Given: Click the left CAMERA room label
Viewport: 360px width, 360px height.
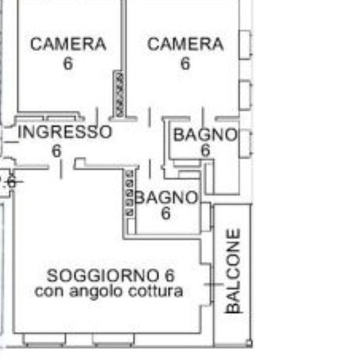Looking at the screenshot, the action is (69, 44).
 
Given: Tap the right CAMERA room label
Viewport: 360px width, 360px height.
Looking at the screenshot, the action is (185, 44).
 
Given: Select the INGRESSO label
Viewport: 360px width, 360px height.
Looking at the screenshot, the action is (65, 132).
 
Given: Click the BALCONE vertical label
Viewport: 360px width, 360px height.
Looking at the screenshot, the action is (234, 271).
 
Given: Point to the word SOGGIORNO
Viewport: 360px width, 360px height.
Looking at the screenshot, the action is (103, 276).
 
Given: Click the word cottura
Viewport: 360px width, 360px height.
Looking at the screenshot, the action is (155, 291).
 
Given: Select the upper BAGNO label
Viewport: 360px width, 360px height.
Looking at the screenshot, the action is (206, 135).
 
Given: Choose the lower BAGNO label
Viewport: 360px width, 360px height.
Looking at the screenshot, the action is (166, 198).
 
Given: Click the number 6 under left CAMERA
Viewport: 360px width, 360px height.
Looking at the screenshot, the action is (68, 63).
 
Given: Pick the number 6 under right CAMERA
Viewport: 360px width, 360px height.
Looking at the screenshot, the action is (185, 63).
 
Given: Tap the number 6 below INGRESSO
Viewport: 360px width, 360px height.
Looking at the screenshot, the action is (57, 151).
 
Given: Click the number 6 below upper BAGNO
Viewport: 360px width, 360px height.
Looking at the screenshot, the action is (206, 150).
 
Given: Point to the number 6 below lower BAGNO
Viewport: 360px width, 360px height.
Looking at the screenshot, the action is (166, 213).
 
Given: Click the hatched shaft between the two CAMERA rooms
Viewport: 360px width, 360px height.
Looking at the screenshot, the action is (119, 94).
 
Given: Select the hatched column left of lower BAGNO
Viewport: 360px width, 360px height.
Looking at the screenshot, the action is (130, 193).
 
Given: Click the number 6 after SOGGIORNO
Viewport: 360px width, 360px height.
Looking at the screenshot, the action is (170, 276).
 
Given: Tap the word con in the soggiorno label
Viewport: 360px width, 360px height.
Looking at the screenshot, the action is (48, 291).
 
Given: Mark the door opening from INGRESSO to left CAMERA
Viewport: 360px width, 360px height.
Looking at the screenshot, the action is (98, 118).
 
